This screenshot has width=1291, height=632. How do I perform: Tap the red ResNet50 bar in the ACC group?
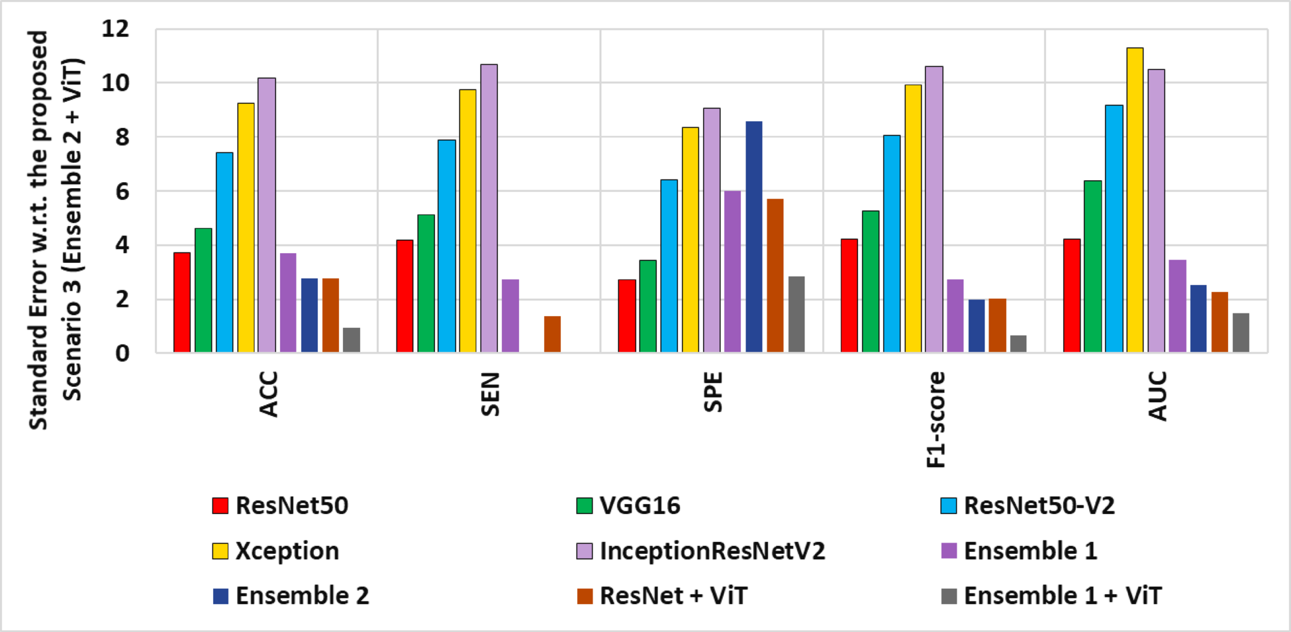coord(182,302)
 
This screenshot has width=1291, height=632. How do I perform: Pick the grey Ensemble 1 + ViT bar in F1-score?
coord(1018,344)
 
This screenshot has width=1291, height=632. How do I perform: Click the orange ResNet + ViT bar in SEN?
coord(552,334)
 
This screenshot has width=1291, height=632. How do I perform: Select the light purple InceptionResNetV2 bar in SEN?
coord(489,208)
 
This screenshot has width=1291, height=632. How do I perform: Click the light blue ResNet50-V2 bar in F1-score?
coord(891,244)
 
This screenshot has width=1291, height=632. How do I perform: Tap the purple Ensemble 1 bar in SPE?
coord(732,272)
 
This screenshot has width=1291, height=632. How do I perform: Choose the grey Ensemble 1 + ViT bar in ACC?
coord(352,340)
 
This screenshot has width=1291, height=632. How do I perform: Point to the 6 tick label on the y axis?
coord(122,191)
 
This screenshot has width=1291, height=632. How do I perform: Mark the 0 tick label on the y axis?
coord(122,353)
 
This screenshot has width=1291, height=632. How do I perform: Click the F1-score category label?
coord(935,419)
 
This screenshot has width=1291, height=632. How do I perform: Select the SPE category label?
coord(713,392)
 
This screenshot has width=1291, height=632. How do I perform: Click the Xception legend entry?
coord(286,551)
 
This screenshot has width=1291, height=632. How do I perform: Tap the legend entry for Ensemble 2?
coord(301,596)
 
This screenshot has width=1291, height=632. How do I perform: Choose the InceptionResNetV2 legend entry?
coord(712,551)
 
